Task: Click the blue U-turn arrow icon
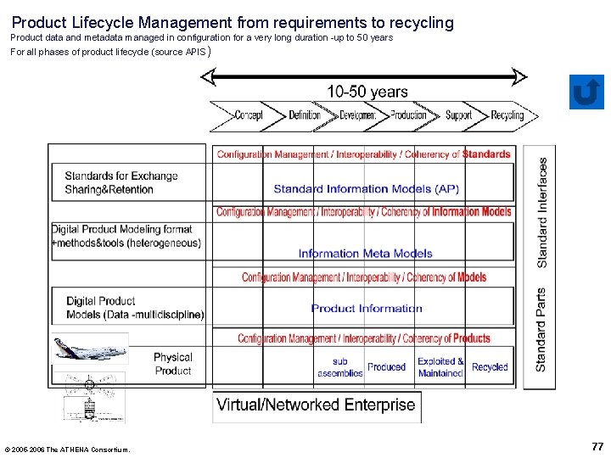tap(586, 92)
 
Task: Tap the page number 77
tap(597, 446)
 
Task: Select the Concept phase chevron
tap(247, 115)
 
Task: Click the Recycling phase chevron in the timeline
tap(508, 115)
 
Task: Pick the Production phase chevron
tap(408, 115)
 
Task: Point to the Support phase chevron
tap(459, 115)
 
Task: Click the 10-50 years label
tap(367, 92)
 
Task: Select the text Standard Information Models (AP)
tap(366, 189)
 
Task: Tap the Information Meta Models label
tap(365, 253)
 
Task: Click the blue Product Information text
tap(366, 308)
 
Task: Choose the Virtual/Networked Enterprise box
tap(316, 405)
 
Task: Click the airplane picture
tap(96, 349)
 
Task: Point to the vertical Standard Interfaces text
tap(542, 214)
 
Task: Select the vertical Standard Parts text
tap(541, 329)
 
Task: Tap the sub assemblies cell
tap(340, 367)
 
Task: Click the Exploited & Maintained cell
tap(440, 367)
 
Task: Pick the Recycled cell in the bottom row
tap(490, 367)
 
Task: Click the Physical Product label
tap(173, 364)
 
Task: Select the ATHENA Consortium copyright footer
tap(68, 450)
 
